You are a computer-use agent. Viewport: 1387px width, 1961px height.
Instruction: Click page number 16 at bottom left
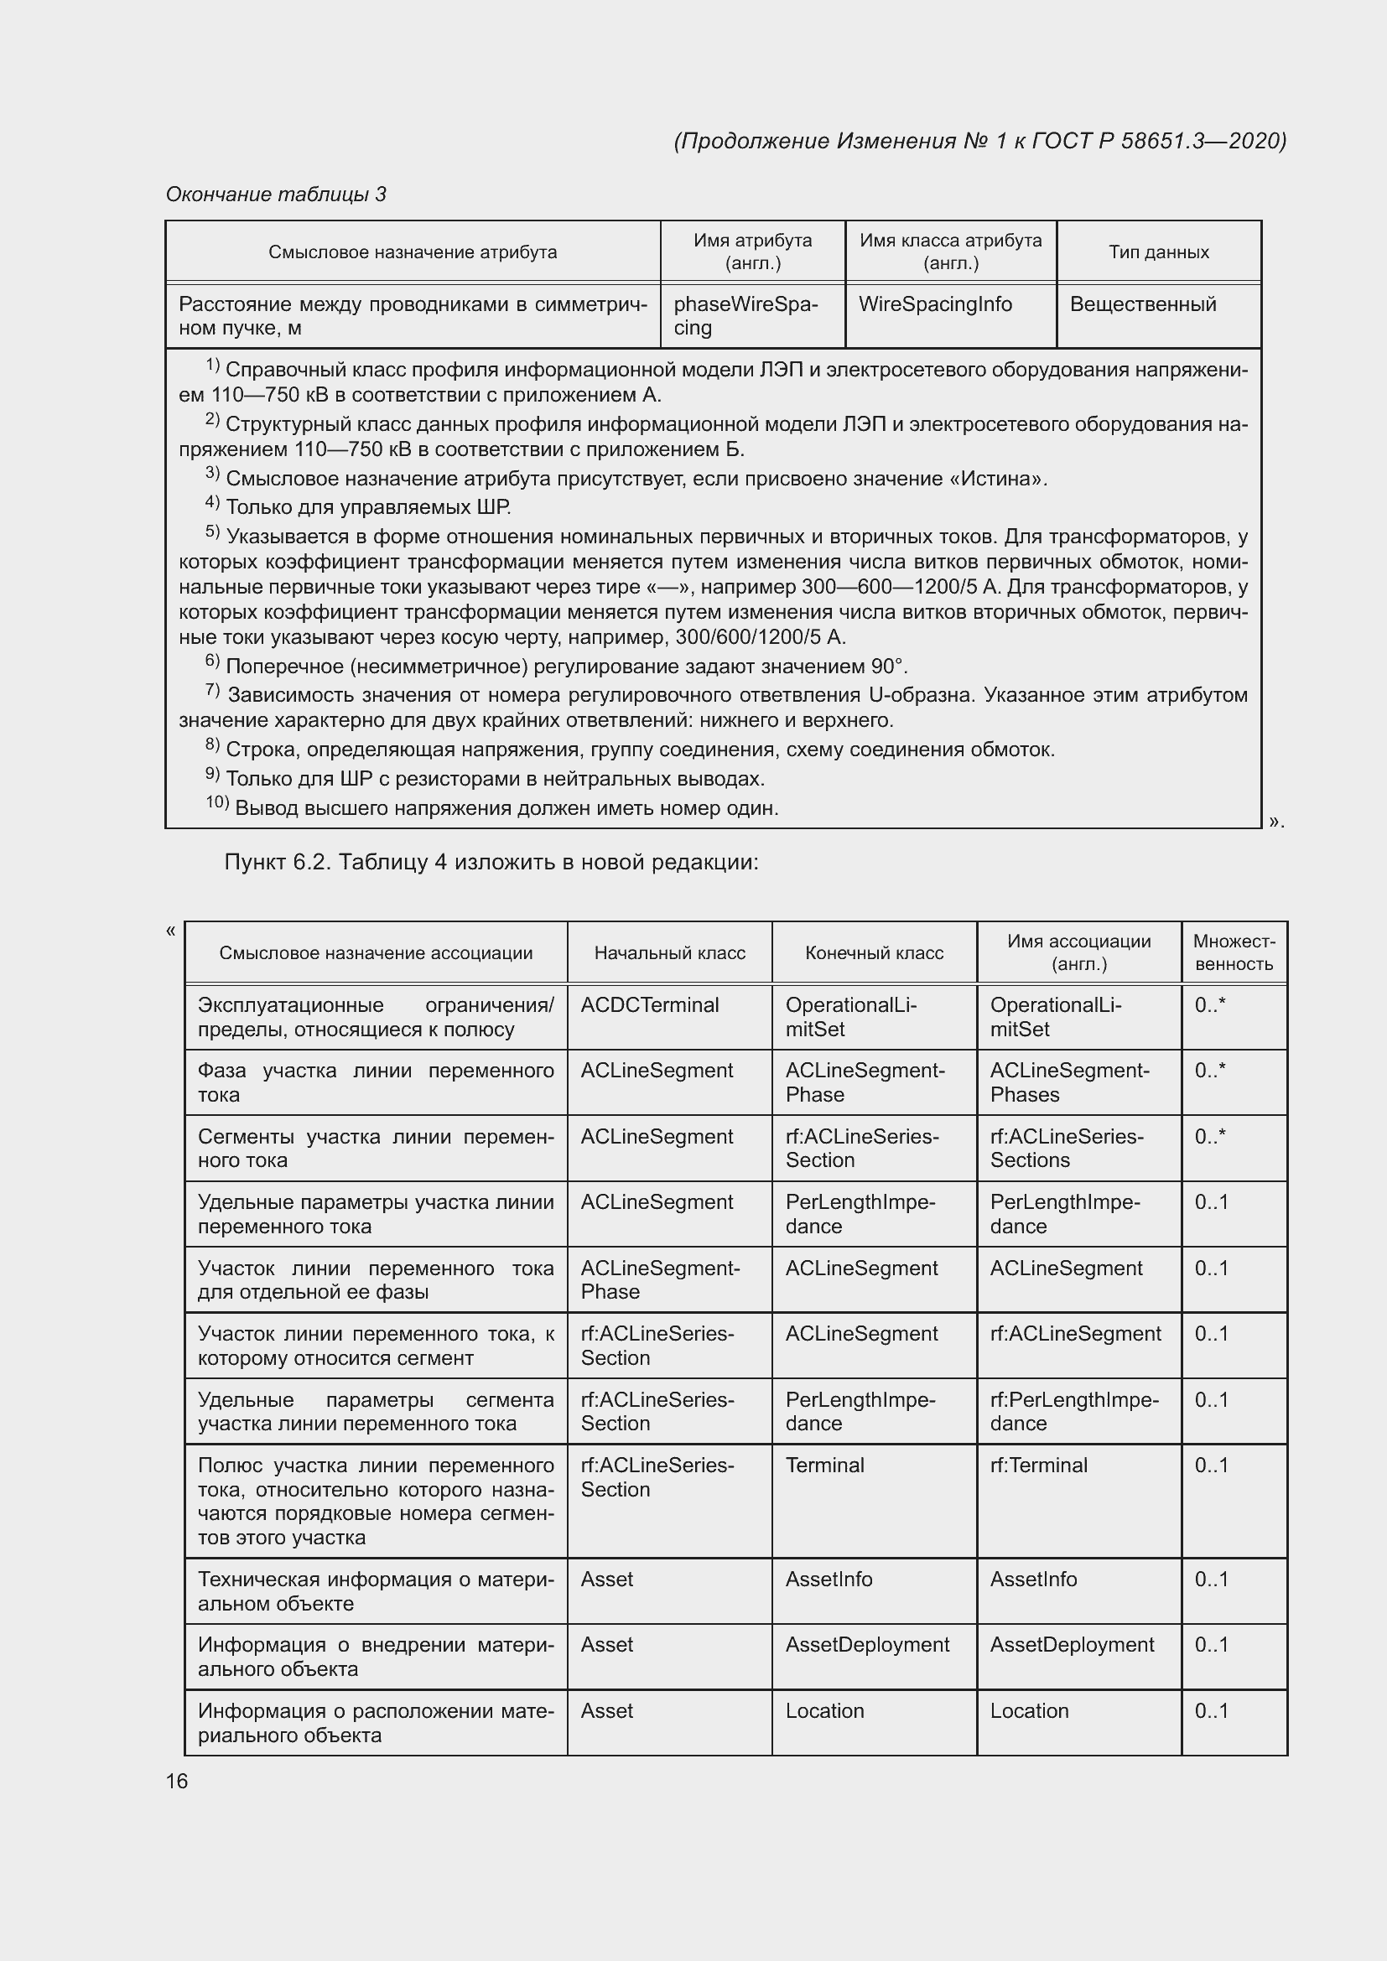177,1781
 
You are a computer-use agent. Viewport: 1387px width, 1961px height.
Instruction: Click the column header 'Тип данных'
1158,252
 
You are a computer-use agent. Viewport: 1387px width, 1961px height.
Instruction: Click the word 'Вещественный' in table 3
1142,305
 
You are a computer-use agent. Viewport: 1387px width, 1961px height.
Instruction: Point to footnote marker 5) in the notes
213,533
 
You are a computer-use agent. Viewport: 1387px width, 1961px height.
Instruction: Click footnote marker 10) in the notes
217,803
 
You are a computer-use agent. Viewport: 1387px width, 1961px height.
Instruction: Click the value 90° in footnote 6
889,667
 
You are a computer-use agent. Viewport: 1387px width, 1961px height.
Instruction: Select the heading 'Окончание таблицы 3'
276,195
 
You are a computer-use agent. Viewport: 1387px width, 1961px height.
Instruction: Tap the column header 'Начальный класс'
669,953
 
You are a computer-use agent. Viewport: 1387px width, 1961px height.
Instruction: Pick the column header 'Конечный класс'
874,953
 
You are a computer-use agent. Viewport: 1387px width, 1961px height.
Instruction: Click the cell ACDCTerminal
650,1005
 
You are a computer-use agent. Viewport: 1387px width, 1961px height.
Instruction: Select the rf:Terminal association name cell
1038,1466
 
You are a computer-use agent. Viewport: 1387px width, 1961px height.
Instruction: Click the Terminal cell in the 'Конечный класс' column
824,1466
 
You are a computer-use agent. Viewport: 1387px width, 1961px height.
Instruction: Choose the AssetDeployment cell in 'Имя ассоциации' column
1072,1645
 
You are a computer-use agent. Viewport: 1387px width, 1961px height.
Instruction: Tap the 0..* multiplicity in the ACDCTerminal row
1209,1005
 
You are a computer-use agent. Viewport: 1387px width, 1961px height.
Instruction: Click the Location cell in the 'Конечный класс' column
824,1712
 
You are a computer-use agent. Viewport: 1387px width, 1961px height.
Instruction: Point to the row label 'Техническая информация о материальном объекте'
376,1591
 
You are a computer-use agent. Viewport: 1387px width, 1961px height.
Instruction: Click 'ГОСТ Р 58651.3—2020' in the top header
1158,141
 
